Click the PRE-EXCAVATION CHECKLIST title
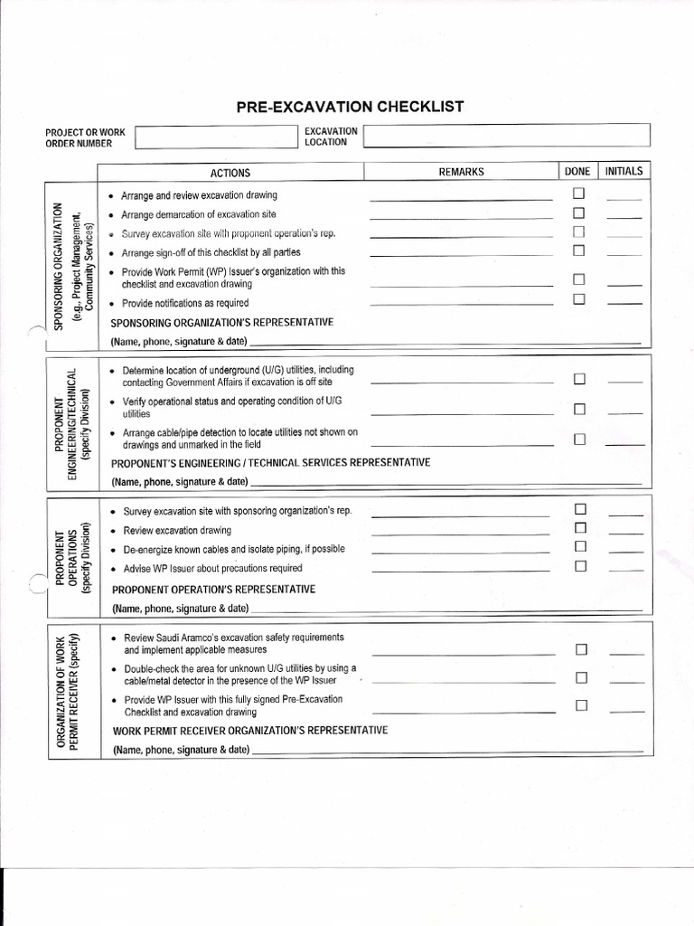(350, 107)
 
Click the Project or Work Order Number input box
(215, 137)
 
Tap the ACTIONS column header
(230, 172)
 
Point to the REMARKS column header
(461, 172)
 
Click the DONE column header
(577, 171)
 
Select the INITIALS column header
(624, 171)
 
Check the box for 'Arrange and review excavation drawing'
(579, 194)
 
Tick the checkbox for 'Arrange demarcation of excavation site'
(579, 213)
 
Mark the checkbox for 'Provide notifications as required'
(579, 299)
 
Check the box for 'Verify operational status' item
(580, 409)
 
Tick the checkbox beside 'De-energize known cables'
(581, 546)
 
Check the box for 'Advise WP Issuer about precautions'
(581, 566)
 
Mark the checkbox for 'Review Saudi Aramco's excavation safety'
(581, 648)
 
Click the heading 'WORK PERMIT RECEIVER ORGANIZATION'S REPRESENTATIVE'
(250, 731)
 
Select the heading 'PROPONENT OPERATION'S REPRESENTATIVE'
(214, 590)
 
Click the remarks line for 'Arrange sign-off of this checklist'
(461, 255)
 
